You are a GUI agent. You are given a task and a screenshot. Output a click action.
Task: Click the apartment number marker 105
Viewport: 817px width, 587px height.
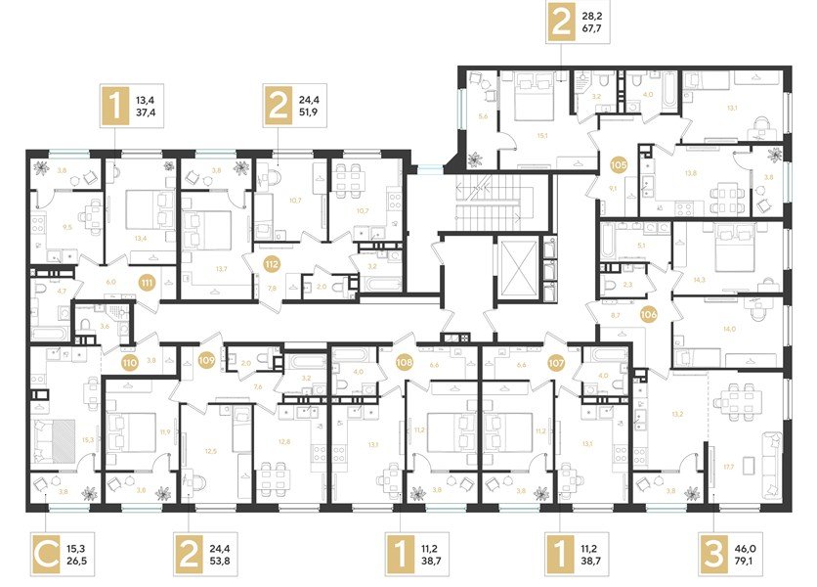(x=618, y=165)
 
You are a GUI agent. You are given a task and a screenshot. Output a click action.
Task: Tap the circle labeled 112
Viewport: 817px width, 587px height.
(x=273, y=262)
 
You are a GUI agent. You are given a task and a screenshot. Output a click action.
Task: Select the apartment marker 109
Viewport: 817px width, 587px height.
(x=205, y=360)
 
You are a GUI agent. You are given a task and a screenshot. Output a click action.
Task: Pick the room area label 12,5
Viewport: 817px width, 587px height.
(x=210, y=451)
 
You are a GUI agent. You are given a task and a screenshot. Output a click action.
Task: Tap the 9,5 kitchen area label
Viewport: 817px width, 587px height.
(x=66, y=225)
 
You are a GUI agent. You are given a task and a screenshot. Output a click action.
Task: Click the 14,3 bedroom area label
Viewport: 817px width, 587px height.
(x=699, y=279)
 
